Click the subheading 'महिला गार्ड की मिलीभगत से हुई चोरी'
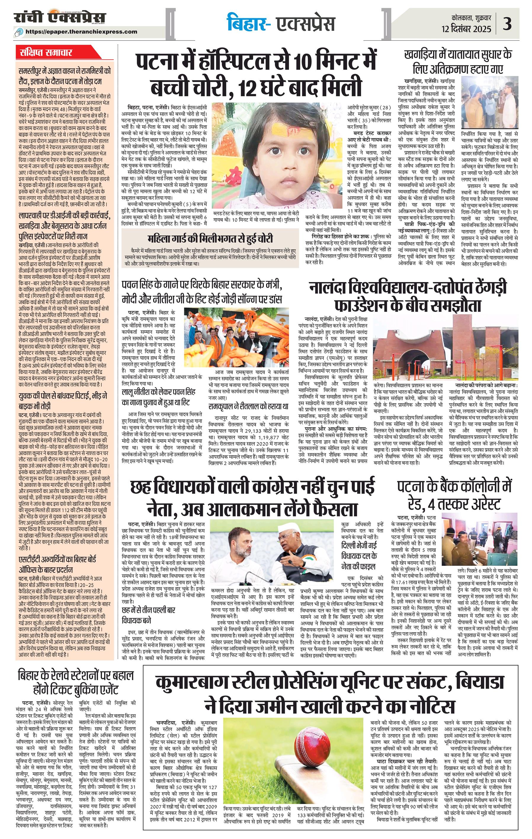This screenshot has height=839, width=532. (210, 239)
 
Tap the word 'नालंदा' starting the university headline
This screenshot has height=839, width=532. (329, 288)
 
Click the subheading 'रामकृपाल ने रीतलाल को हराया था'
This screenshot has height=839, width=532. (249, 406)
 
